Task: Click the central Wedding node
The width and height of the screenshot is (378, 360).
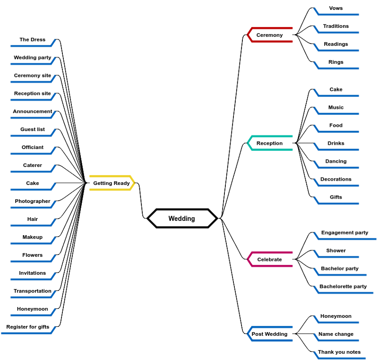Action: tap(182, 219)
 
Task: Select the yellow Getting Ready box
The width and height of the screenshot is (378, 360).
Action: tap(112, 183)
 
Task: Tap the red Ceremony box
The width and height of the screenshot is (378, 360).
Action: tap(270, 35)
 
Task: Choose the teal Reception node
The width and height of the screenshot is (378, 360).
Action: tap(270, 143)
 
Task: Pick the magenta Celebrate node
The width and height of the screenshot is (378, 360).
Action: tap(270, 259)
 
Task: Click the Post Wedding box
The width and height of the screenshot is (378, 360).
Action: tap(270, 334)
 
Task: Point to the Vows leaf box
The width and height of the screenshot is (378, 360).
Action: tap(336, 8)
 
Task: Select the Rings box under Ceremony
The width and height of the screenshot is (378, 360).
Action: tap(336, 62)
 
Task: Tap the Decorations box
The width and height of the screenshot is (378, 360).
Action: tap(336, 179)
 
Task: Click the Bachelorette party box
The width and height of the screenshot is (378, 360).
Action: tap(343, 286)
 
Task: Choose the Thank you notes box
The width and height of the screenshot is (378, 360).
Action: tap(339, 352)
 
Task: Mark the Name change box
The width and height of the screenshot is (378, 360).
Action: tap(336, 334)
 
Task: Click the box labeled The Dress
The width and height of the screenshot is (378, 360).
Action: tap(32, 40)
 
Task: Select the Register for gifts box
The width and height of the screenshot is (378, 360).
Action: tap(28, 327)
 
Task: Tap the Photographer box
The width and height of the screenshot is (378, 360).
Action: tap(32, 201)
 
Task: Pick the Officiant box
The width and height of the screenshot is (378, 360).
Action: tap(32, 147)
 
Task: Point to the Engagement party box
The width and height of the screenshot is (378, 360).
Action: tap(344, 233)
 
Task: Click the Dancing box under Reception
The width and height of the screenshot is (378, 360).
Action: tap(336, 161)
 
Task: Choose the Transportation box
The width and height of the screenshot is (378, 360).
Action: tap(32, 291)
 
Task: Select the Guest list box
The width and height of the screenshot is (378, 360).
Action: tap(32, 129)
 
